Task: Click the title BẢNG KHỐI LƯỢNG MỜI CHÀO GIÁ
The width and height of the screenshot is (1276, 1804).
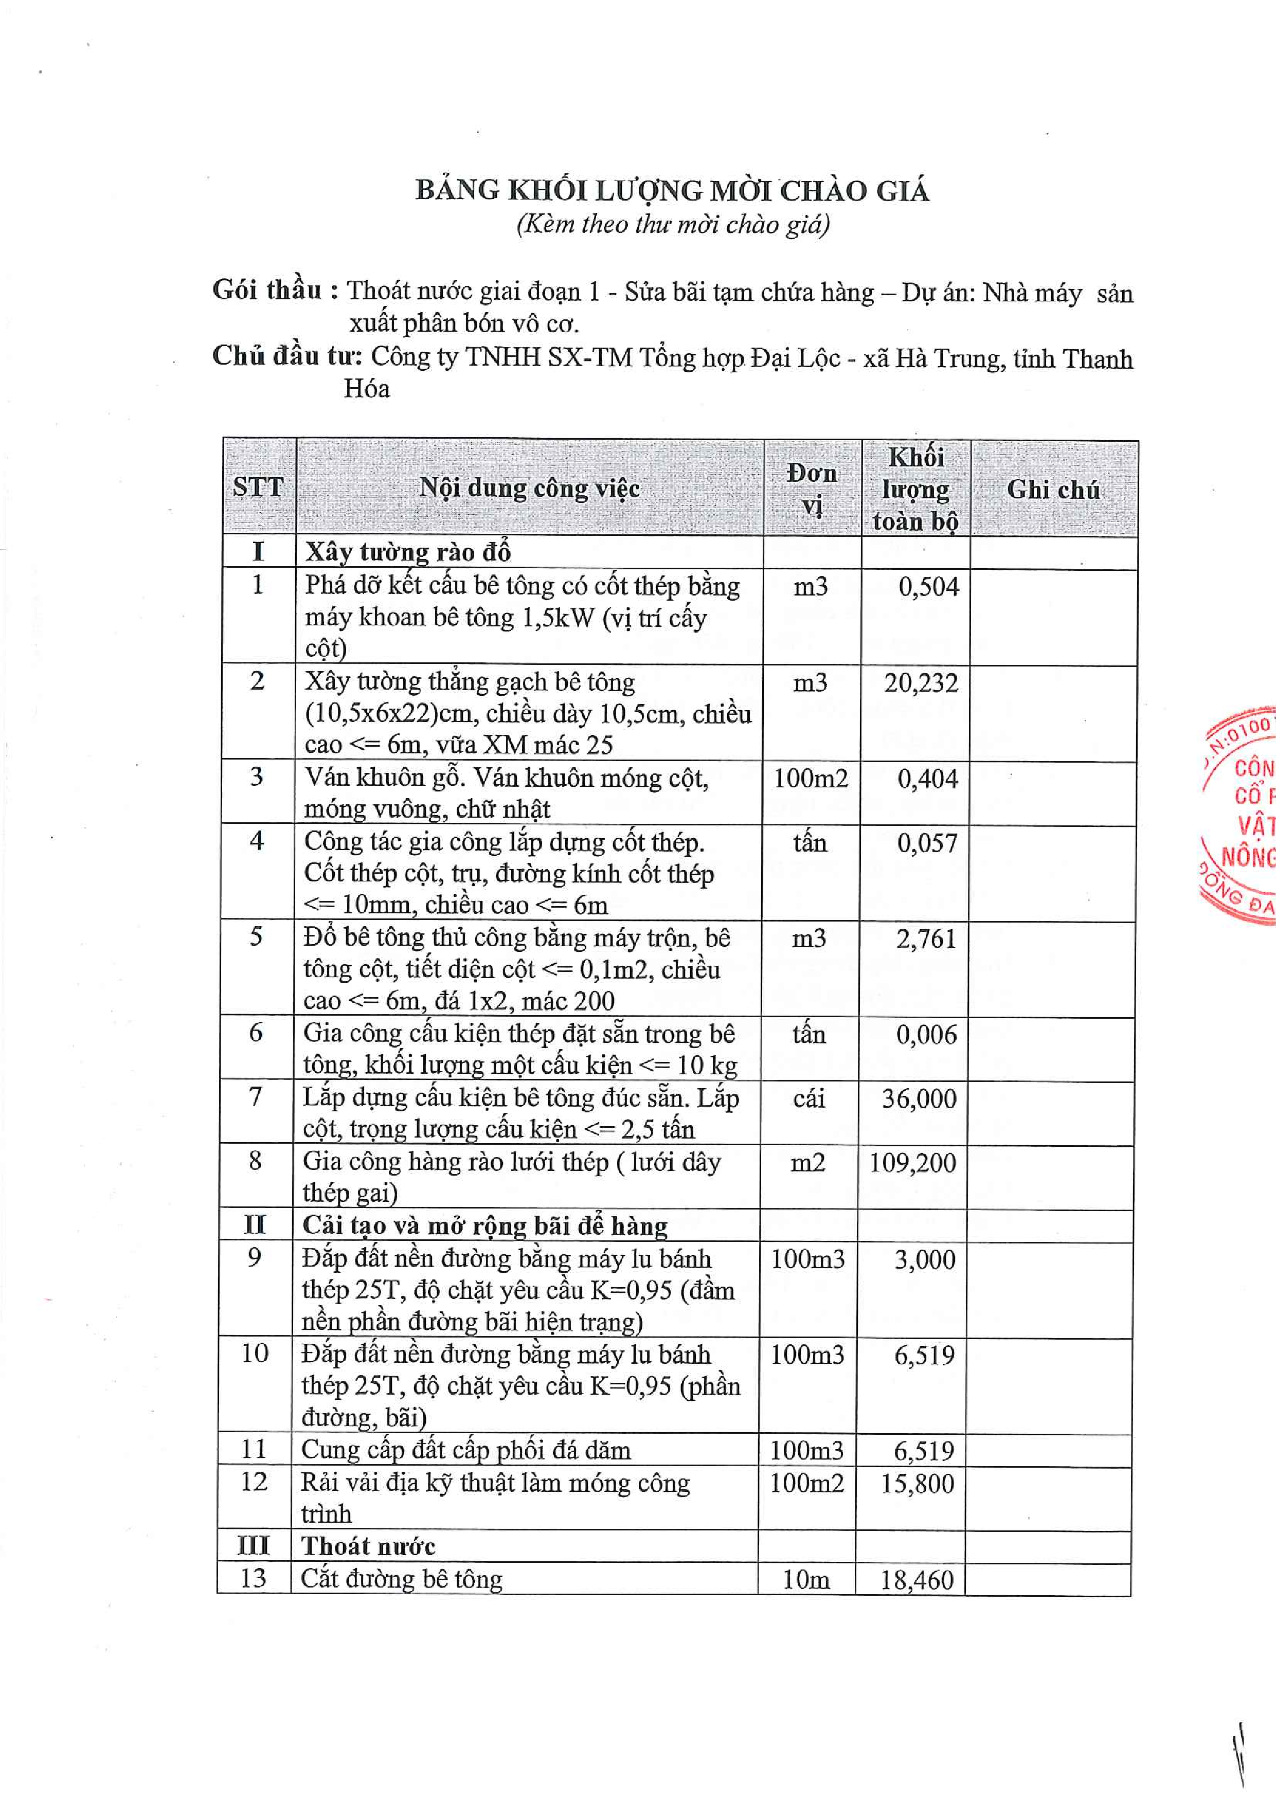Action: [x=672, y=191]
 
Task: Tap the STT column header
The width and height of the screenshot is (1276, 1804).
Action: [x=258, y=487]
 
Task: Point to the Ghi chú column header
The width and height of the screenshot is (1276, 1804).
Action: [x=1053, y=490]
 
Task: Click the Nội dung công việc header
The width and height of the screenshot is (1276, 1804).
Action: [x=529, y=488]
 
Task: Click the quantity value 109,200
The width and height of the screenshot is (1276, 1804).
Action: [x=912, y=1163]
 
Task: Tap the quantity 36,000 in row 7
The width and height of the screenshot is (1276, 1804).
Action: [x=919, y=1098]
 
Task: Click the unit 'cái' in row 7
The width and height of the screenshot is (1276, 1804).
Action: [x=808, y=1097]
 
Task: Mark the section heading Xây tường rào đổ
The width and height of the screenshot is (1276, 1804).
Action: [x=408, y=552]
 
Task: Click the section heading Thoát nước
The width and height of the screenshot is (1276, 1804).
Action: [x=368, y=1546]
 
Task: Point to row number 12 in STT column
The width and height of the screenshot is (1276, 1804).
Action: [x=254, y=1482]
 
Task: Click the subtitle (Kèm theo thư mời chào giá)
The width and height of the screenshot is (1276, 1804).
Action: [x=673, y=225]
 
